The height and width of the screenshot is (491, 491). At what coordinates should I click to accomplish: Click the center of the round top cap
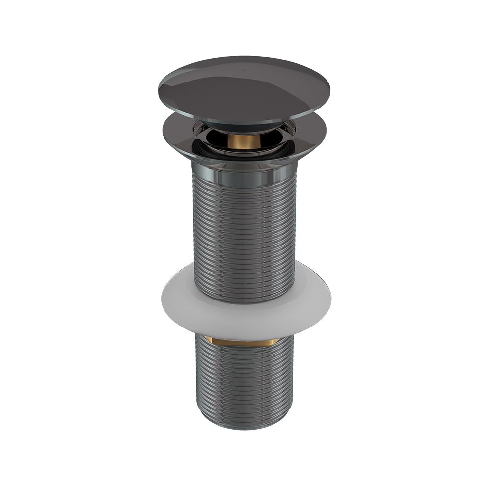245,88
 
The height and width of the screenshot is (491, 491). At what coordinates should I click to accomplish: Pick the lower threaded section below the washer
244,383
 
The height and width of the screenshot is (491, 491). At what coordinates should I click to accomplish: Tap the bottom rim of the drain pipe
244,426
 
